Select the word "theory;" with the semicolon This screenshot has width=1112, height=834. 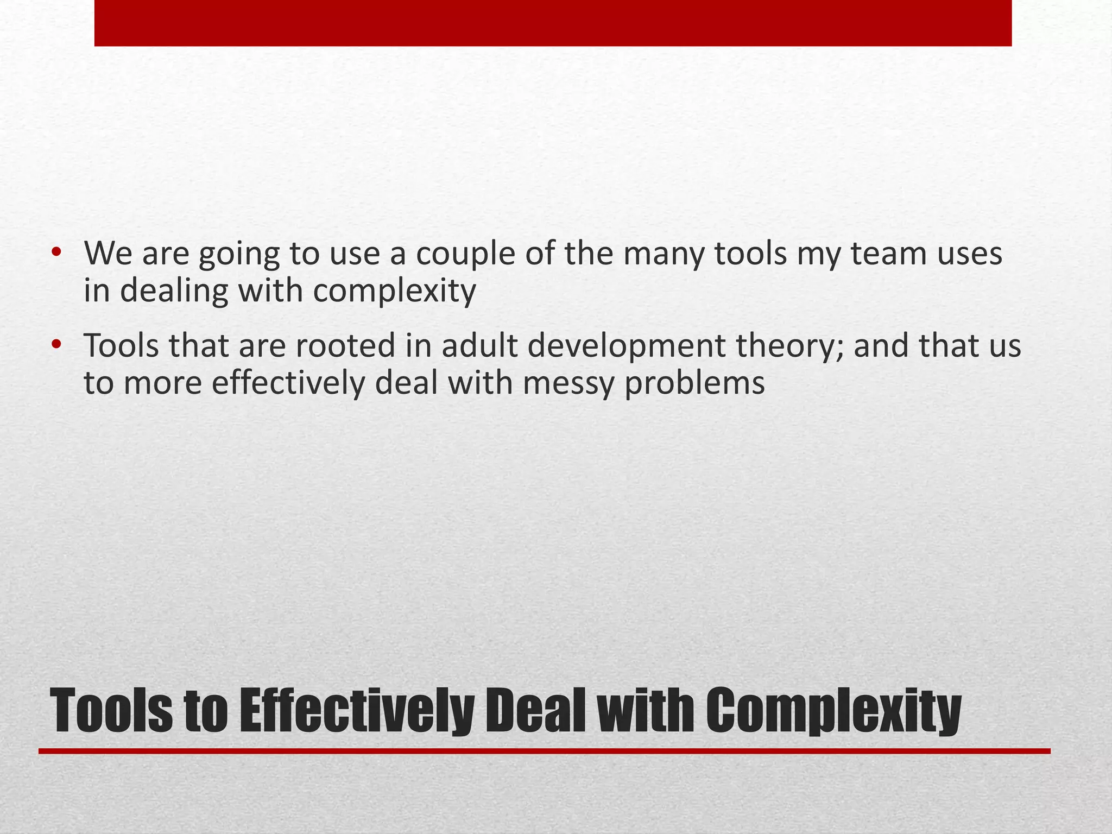[788, 347]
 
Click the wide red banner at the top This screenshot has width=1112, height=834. [553, 22]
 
